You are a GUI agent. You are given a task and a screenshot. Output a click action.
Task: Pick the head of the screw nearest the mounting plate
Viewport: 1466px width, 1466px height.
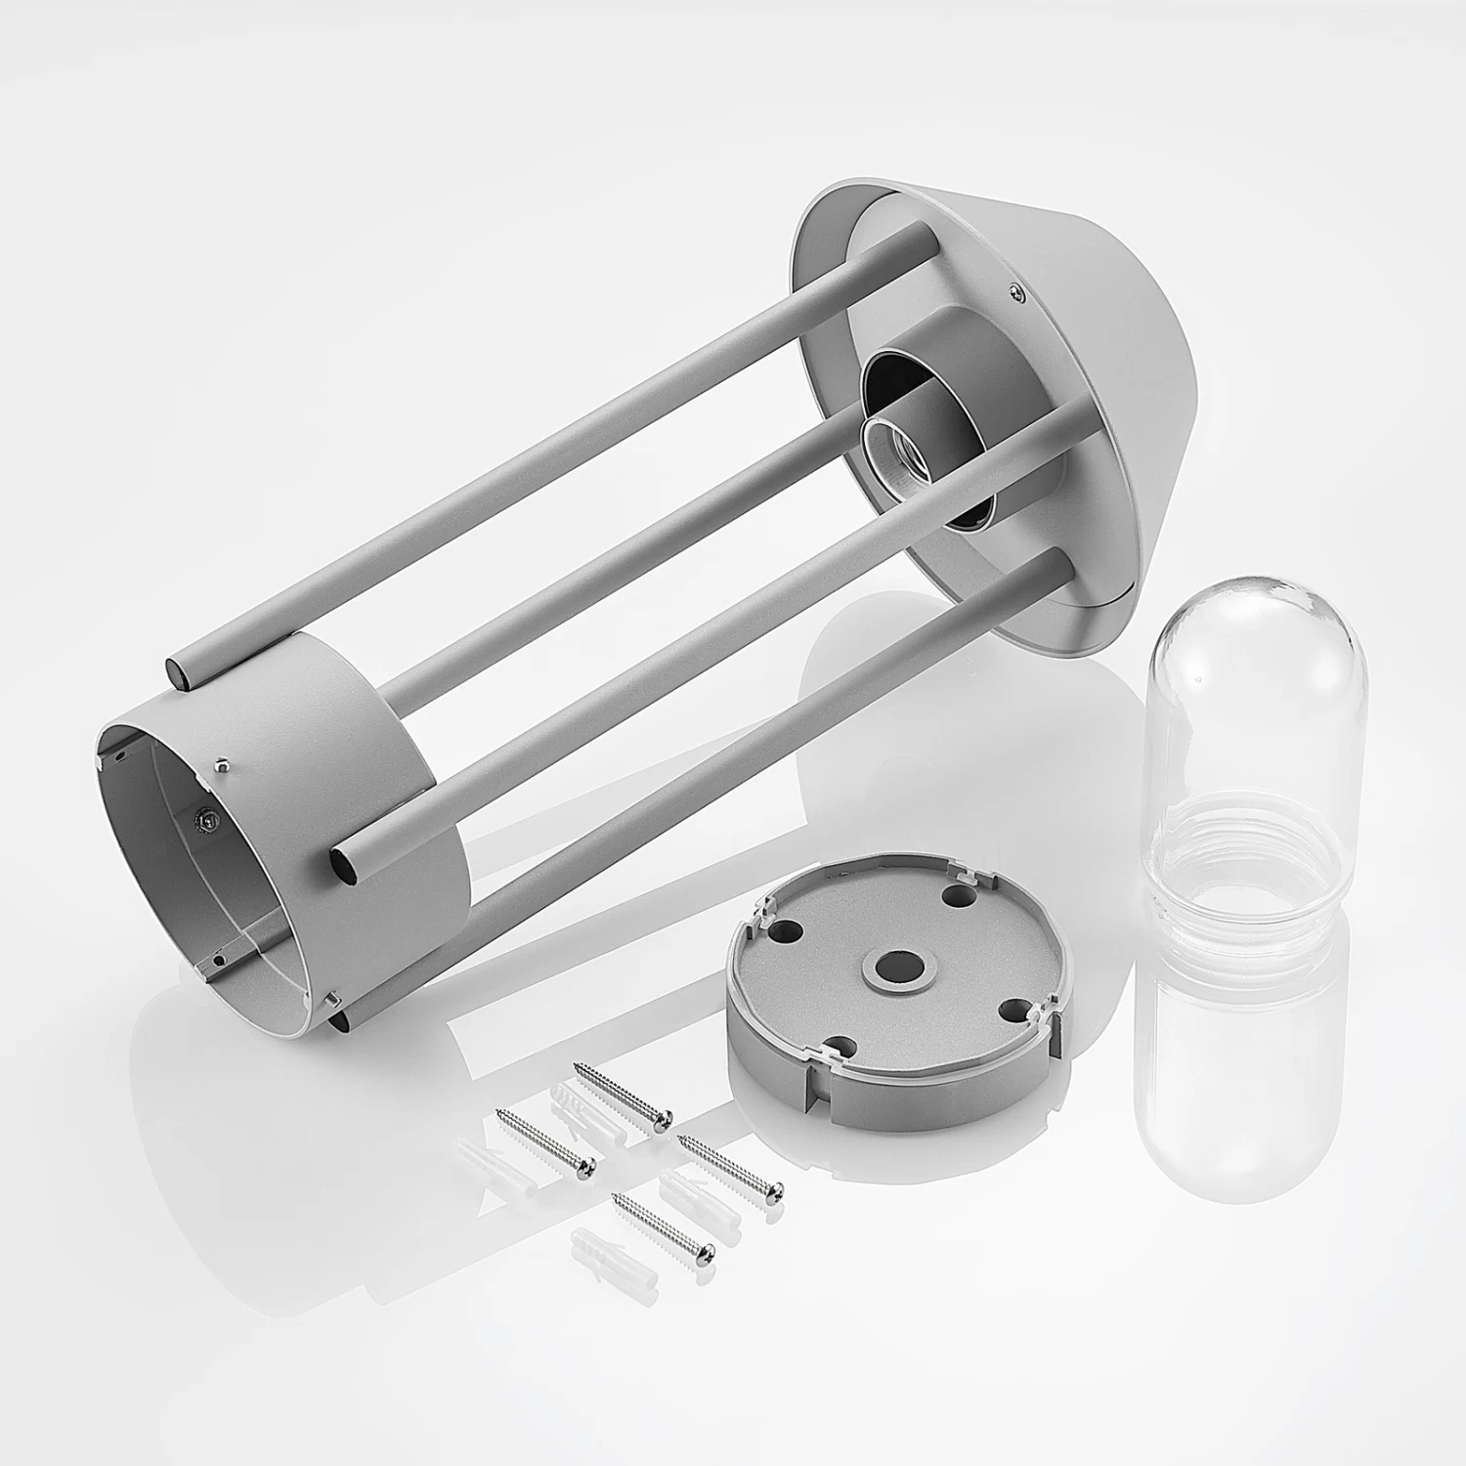pos(777,1189)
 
